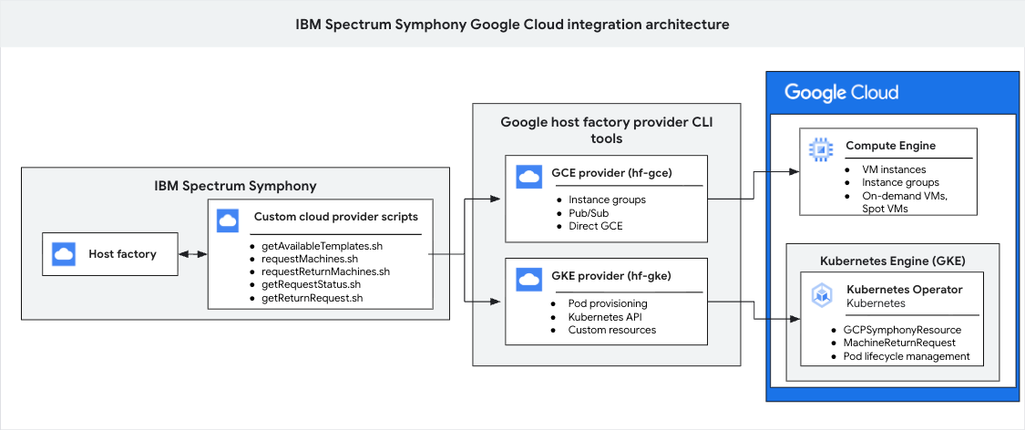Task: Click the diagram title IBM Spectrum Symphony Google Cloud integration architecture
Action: click(x=512, y=24)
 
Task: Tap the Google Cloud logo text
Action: click(x=841, y=92)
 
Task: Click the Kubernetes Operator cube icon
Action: click(x=822, y=295)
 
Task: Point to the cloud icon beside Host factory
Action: click(x=64, y=254)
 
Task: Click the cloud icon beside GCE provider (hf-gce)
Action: click(x=528, y=176)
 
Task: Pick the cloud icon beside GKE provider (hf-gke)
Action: click(x=528, y=278)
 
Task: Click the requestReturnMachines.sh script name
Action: click(x=325, y=271)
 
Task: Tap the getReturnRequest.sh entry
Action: click(x=312, y=297)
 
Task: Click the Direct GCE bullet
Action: click(x=596, y=225)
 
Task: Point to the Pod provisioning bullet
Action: click(x=608, y=302)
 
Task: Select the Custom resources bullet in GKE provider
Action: click(x=611, y=329)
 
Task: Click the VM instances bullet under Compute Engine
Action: click(x=893, y=169)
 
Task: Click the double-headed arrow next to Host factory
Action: click(x=190, y=254)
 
